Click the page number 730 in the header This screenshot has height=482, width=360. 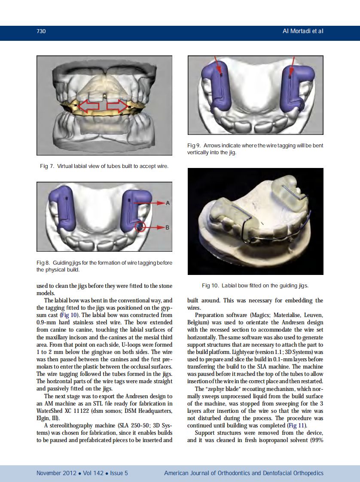coord(41,31)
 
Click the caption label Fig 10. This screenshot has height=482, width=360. coord(211,286)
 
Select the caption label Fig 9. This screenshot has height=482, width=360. coord(194,146)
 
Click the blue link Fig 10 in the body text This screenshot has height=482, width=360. coord(70,315)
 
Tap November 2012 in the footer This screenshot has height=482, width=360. coord(56,473)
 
